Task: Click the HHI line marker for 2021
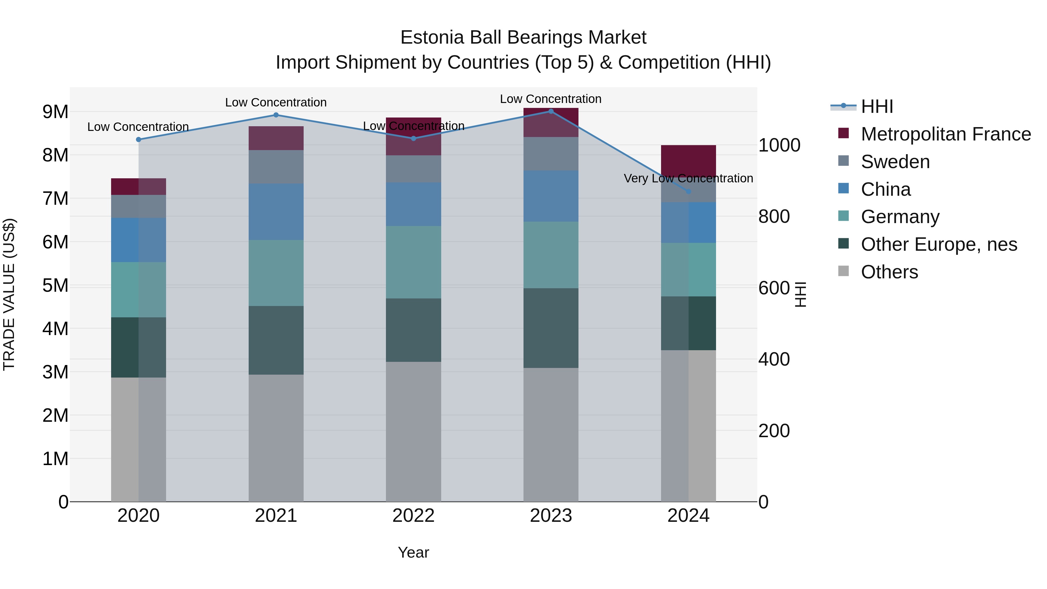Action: [276, 115]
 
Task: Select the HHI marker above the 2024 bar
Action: [688, 191]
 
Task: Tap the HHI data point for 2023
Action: [551, 111]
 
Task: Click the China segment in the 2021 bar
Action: [276, 211]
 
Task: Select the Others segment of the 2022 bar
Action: [413, 431]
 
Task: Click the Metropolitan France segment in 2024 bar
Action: [688, 161]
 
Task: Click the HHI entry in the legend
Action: [877, 106]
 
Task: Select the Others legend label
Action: [889, 272]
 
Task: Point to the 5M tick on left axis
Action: [55, 286]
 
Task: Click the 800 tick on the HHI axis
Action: [774, 217]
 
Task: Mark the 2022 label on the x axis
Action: [413, 516]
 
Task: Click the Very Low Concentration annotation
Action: [688, 179]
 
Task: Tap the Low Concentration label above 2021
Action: [276, 102]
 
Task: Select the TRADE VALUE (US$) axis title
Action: [9, 294]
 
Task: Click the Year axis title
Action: [413, 552]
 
